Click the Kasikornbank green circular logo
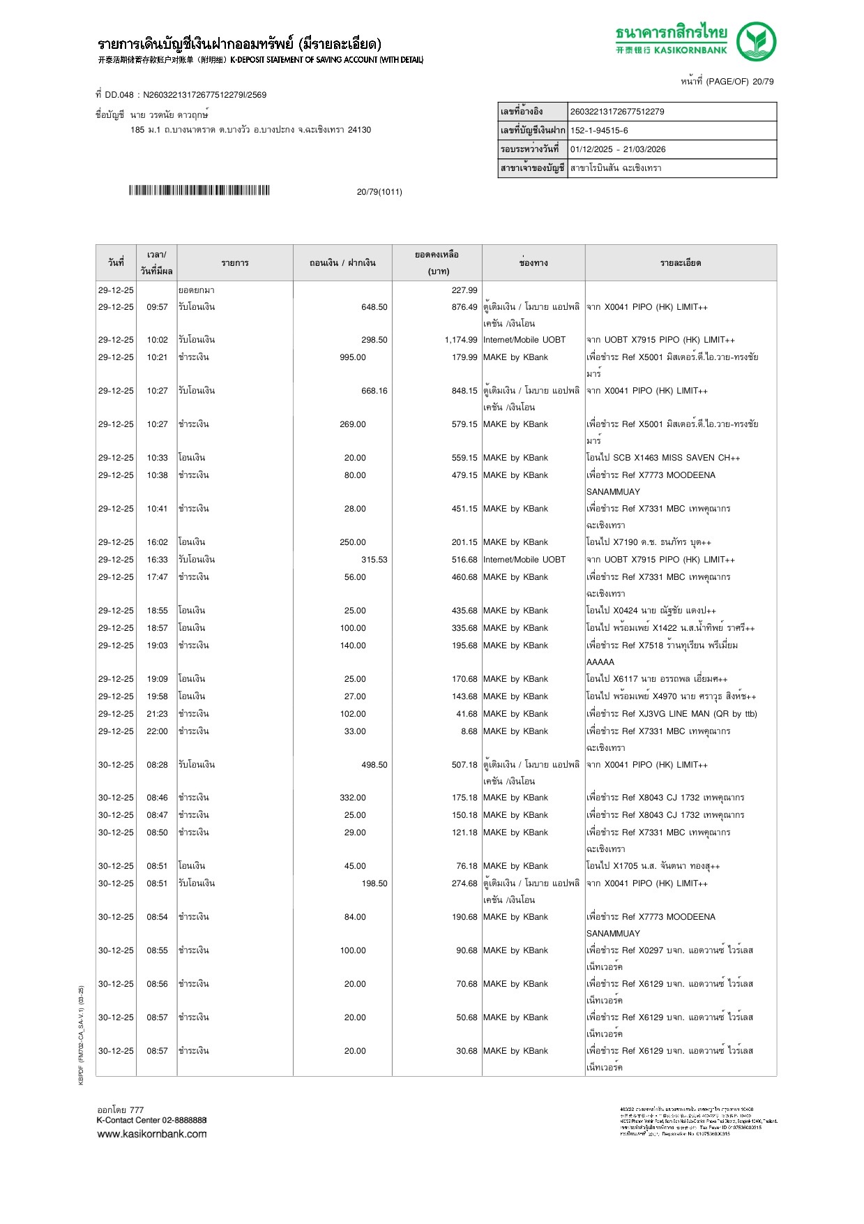click(x=756, y=41)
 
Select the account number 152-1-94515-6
click(x=599, y=130)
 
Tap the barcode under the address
click(x=199, y=191)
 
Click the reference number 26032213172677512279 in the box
click(x=617, y=112)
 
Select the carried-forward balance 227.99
click(x=464, y=290)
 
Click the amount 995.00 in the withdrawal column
click(x=352, y=357)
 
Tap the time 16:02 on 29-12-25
click(x=157, y=542)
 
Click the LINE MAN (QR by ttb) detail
click(x=672, y=714)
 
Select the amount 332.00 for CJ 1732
click(x=352, y=798)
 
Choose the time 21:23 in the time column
click(x=157, y=714)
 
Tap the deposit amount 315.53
click(x=374, y=560)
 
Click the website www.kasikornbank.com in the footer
click(x=152, y=1133)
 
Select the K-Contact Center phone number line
click(x=151, y=1120)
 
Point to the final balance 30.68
click(x=467, y=1051)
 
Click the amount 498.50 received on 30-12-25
click(x=374, y=765)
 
